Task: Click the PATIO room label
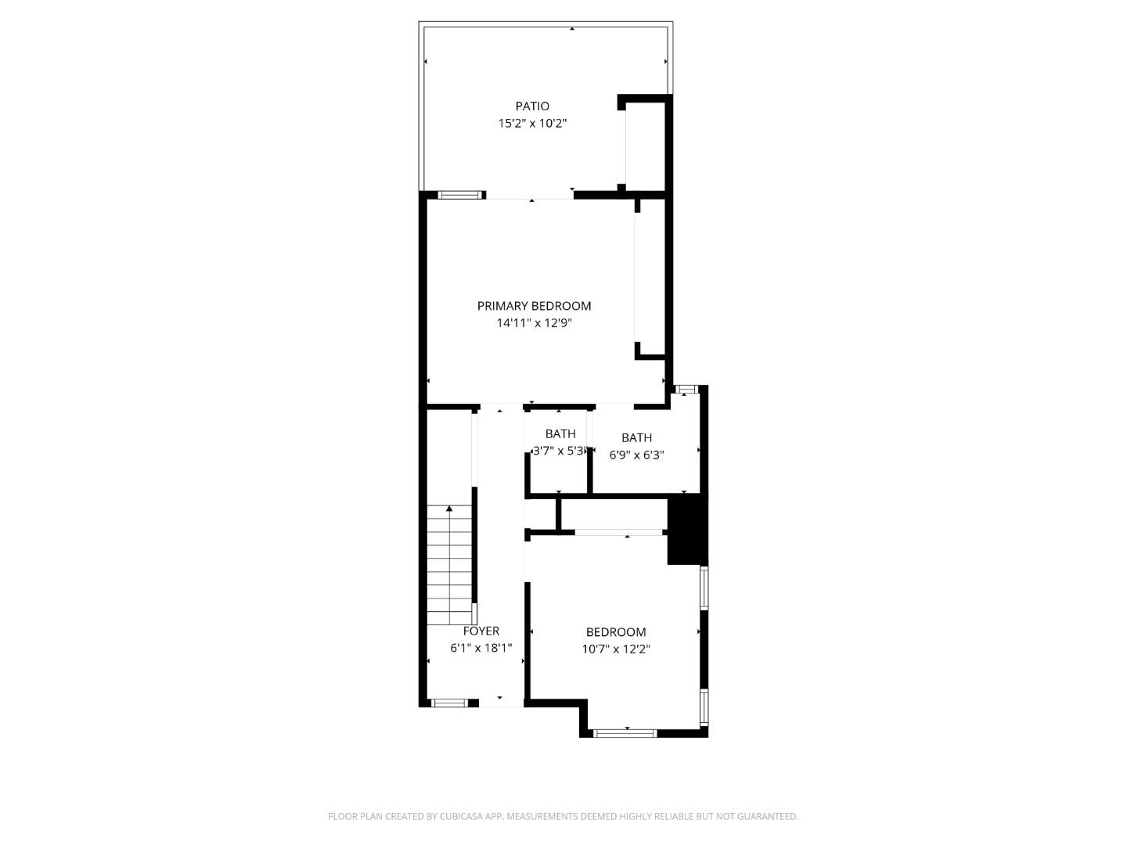[532, 106]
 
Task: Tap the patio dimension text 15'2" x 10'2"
[532, 124]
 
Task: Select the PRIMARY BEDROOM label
[535, 306]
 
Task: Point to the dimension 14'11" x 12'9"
[535, 323]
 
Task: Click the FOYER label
[481, 631]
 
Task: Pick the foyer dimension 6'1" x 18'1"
[481, 648]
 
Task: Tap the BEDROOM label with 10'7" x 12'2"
[616, 632]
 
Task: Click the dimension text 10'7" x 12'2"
[616, 649]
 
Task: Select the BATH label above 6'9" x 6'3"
[637, 438]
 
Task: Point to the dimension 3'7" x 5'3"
[559, 451]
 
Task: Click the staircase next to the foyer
[450, 563]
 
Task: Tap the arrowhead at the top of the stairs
[449, 509]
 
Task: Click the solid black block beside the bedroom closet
[687, 530]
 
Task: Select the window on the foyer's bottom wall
[450, 703]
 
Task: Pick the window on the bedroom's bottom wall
[625, 733]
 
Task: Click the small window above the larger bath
[686, 389]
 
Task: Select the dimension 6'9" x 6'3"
[637, 455]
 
